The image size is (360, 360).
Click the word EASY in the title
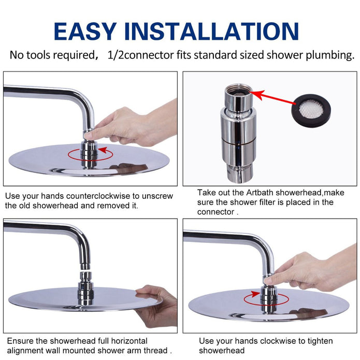pyautogui.click(x=85, y=32)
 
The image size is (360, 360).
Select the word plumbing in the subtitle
pyautogui.click(x=330, y=55)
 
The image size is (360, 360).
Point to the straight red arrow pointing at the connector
pyautogui.click(x=272, y=97)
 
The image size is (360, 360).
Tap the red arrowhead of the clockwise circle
pyautogui.click(x=255, y=294)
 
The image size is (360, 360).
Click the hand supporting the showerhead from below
pyautogui.click(x=156, y=305)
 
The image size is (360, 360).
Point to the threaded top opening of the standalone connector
pyautogui.click(x=239, y=90)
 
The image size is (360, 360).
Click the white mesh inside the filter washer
pyautogui.click(x=311, y=110)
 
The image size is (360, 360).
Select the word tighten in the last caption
pyautogui.click(x=320, y=341)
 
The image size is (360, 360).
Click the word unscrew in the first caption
pyautogui.click(x=157, y=196)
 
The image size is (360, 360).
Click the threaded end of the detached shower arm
pyautogui.click(x=85, y=266)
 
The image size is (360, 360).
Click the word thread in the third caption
pyautogui.click(x=156, y=350)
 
